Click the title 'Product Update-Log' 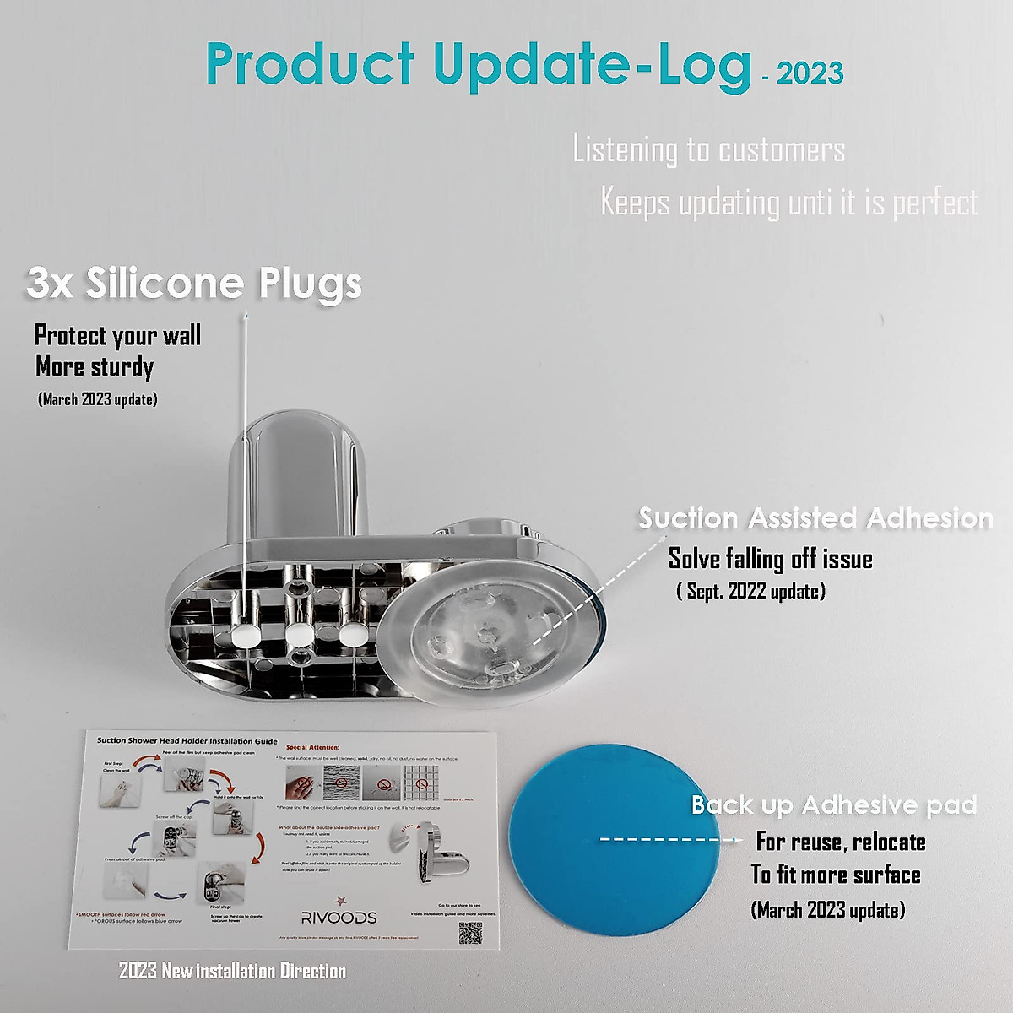tap(478, 65)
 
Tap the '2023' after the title tap(810, 73)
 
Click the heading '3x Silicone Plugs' tap(194, 283)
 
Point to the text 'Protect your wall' tap(117, 335)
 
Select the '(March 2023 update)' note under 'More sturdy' tap(98, 399)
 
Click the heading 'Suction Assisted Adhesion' tap(815, 517)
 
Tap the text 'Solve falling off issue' tap(770, 559)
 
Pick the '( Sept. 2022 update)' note tap(750, 591)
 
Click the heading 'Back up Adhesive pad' tap(834, 804)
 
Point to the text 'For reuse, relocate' tap(841, 842)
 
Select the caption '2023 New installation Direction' tap(232, 971)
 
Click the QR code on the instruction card tap(470, 933)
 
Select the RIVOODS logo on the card tap(339, 916)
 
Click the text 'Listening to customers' tap(708, 150)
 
